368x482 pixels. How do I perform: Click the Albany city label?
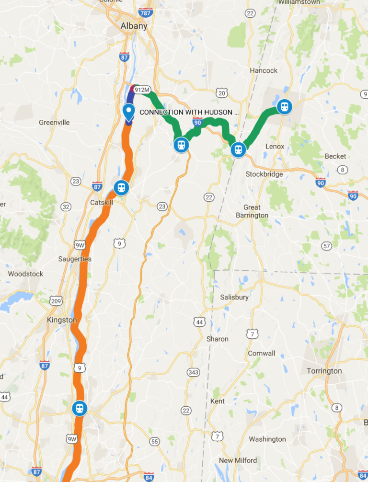(x=134, y=26)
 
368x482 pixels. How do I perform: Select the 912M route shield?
(x=142, y=90)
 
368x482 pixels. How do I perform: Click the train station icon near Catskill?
(x=121, y=187)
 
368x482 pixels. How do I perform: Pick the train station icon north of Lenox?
(x=284, y=106)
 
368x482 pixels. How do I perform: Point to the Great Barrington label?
(x=252, y=211)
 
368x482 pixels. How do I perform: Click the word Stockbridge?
(x=264, y=174)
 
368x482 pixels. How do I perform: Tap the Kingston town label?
(x=62, y=320)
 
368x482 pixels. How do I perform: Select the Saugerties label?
(x=75, y=259)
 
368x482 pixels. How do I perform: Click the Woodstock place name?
(x=25, y=274)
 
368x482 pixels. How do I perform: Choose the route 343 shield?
(x=194, y=372)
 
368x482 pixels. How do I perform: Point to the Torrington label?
(x=324, y=371)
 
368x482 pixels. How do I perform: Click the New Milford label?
(x=238, y=460)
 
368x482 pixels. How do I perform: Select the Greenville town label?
(x=54, y=123)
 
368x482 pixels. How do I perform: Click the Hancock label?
(x=264, y=70)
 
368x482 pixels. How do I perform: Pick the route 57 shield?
(x=327, y=246)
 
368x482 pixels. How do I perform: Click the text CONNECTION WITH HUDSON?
(x=189, y=112)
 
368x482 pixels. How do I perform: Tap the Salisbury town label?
(x=234, y=297)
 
